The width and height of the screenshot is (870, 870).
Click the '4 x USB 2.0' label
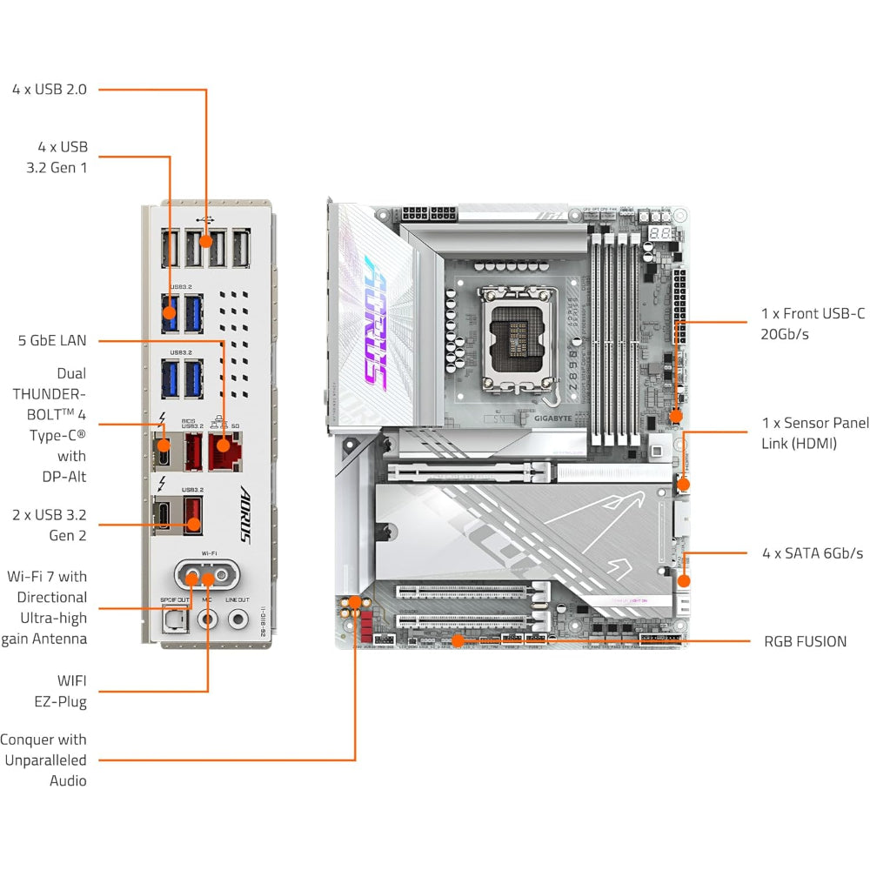(50, 89)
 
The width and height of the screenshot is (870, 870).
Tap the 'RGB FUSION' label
(805, 641)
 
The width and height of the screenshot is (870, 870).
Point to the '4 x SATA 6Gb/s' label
(812, 553)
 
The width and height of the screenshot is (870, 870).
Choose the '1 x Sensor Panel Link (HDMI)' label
(814, 433)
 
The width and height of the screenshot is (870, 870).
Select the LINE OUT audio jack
(238, 619)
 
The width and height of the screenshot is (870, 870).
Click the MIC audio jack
(207, 619)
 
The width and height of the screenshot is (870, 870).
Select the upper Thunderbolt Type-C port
(163, 447)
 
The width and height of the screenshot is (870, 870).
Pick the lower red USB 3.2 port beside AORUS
(192, 514)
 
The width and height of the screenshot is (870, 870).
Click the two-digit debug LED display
(660, 234)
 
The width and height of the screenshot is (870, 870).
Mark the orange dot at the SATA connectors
(684, 580)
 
